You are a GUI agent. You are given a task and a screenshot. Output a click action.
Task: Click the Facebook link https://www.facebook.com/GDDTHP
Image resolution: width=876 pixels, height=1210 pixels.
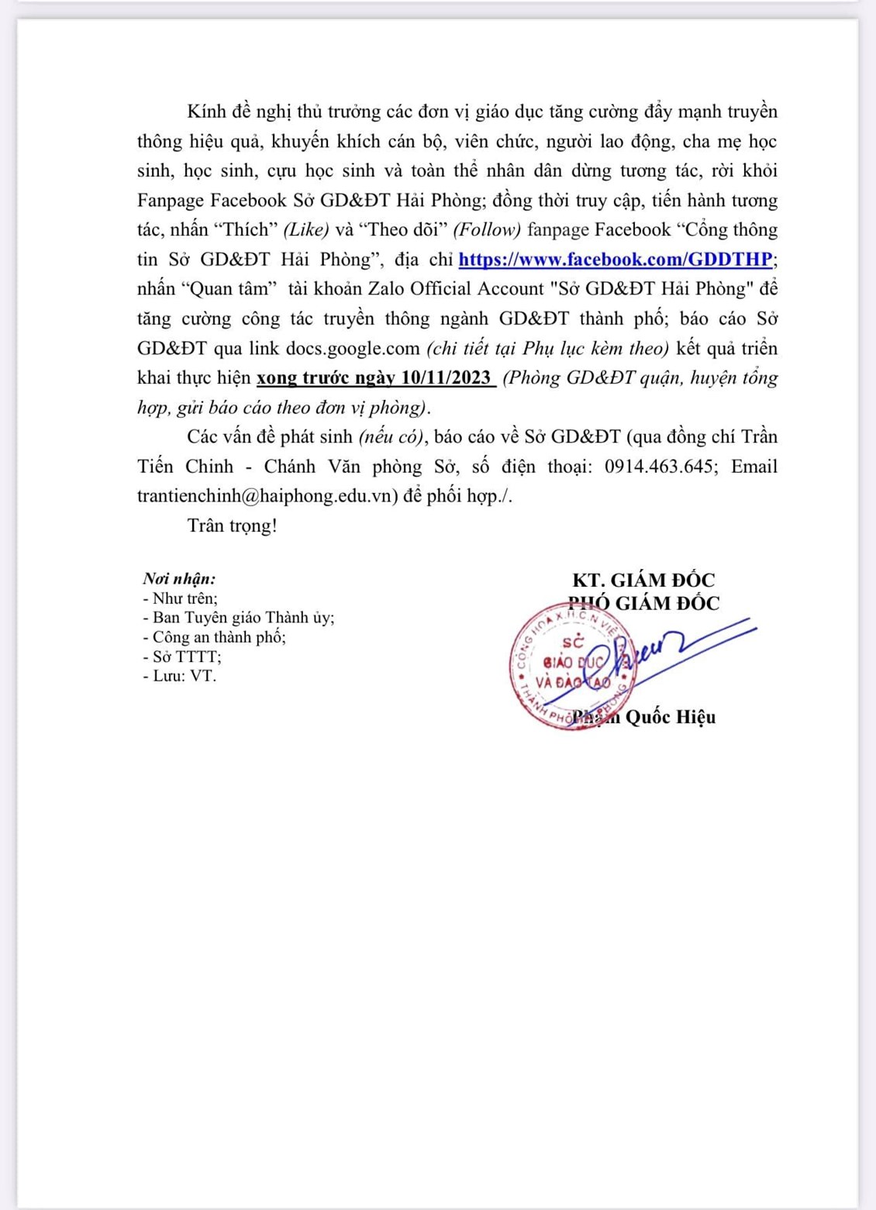[616, 259]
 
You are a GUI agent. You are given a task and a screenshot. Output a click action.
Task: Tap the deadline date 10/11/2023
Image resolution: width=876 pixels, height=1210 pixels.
[447, 377]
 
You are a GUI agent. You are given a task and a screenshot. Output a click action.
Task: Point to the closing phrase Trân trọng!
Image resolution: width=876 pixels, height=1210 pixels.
[232, 526]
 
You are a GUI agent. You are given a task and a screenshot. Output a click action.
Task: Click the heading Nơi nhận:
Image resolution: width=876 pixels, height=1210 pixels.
[179, 578]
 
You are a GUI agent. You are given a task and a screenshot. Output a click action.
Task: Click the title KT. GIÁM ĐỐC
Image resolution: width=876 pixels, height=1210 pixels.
[643, 580]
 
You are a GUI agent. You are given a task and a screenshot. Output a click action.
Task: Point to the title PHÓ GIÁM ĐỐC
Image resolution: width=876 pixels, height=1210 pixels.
[643, 603]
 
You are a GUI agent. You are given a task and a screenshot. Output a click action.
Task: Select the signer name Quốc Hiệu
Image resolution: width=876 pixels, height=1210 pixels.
[670, 717]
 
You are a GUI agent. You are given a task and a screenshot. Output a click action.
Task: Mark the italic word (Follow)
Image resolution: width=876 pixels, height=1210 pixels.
[485, 229]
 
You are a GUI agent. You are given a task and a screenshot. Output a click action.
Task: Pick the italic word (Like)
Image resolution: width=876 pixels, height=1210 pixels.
[306, 229]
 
